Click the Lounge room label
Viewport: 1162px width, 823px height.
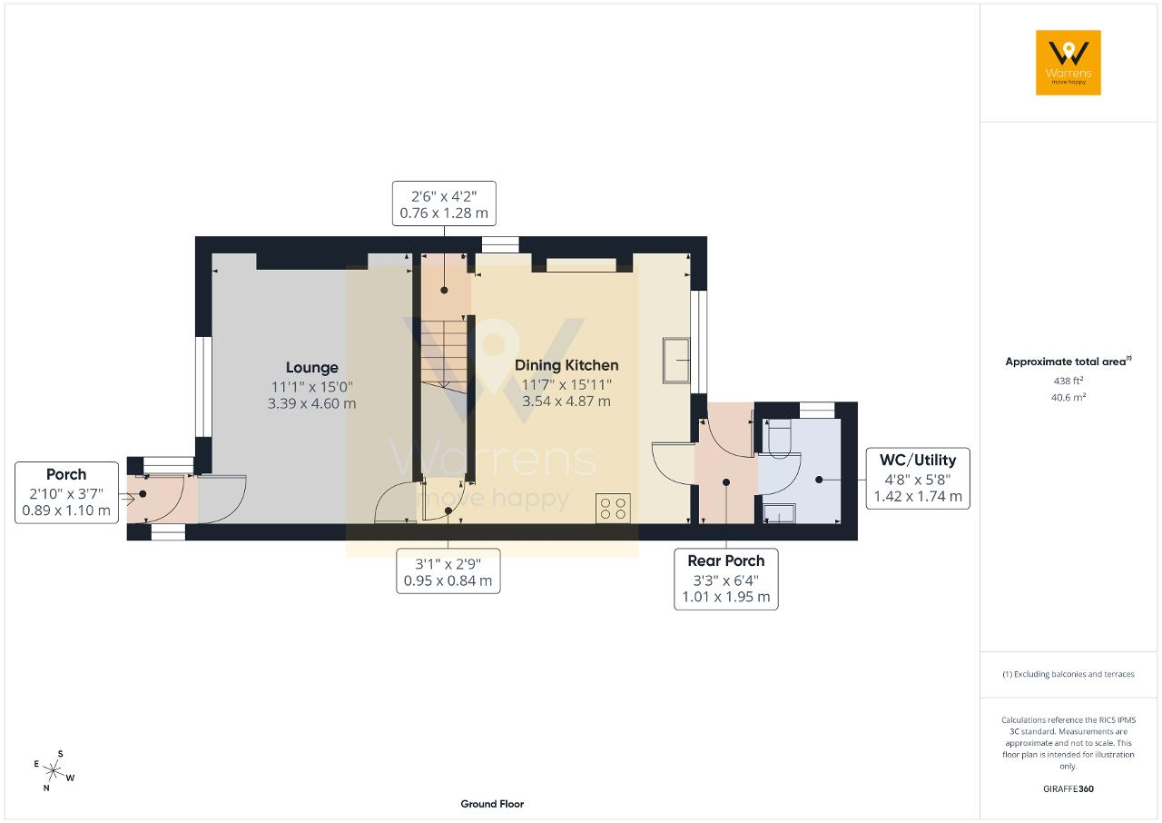(311, 367)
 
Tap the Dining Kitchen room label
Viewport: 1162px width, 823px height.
(566, 365)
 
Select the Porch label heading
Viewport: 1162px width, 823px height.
(66, 474)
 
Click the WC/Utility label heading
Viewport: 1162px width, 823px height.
(918, 461)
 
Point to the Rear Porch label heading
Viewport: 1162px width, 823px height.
(725, 561)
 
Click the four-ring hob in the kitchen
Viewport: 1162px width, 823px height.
(613, 508)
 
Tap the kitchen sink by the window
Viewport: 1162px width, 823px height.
(676, 360)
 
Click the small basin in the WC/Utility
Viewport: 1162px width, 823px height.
(779, 512)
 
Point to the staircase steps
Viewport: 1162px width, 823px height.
(444, 353)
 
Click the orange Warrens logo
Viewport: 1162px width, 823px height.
(1068, 63)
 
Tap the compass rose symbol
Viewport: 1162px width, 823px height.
(54, 771)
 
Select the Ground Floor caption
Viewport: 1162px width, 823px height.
(492, 804)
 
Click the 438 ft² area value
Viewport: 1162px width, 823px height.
(1068, 381)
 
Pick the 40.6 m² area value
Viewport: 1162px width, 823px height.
(1068, 397)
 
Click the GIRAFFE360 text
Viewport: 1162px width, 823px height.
(1068, 788)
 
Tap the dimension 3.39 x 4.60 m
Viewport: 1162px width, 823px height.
(311, 403)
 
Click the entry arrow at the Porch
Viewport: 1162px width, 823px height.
(128, 500)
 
